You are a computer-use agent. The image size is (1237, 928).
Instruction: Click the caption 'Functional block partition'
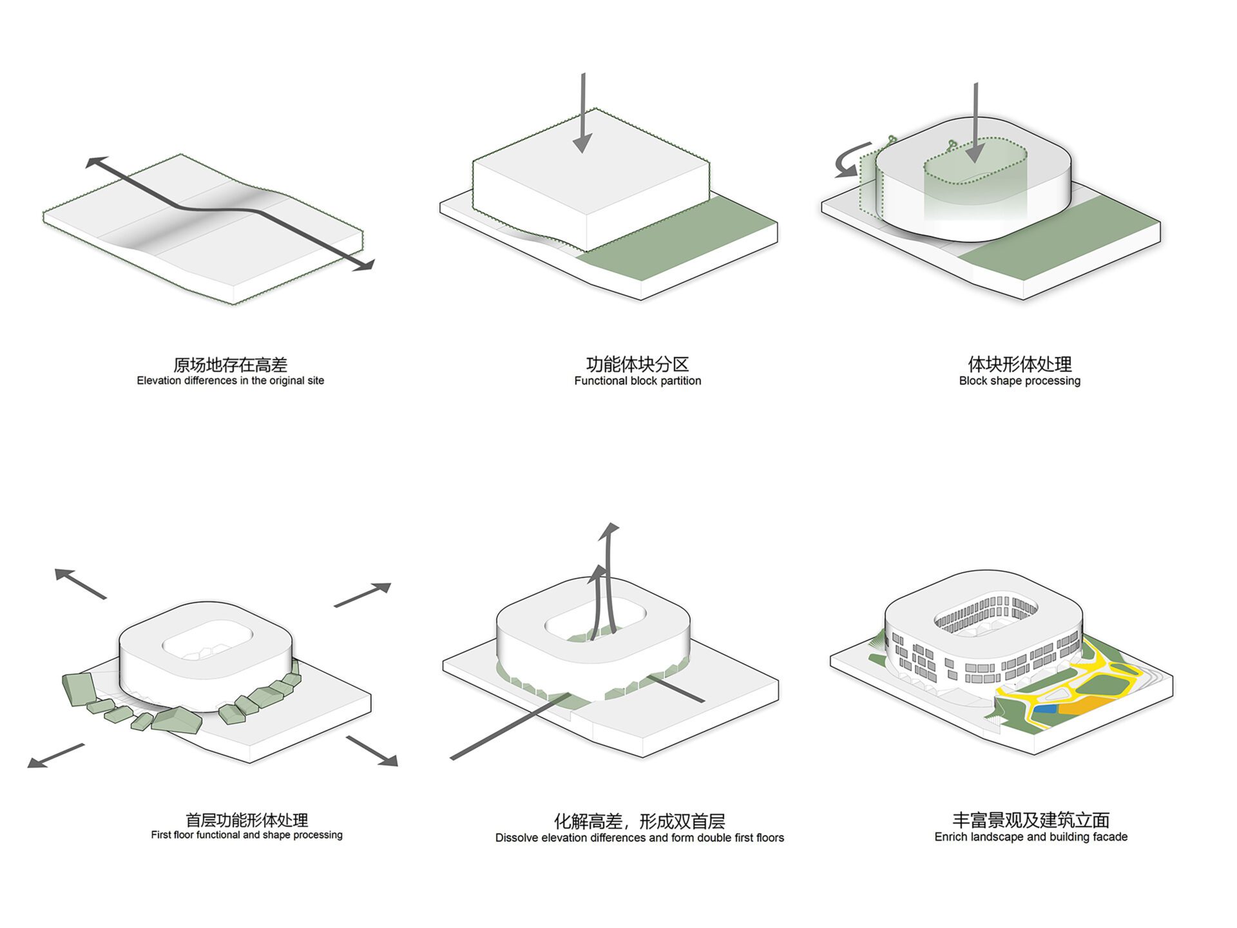[x=637, y=381]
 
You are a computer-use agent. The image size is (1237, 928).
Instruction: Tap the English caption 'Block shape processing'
[x=1019, y=381]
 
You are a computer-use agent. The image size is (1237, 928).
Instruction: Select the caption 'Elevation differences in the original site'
[x=230, y=381]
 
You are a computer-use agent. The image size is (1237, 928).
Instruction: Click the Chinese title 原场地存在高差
[x=230, y=365]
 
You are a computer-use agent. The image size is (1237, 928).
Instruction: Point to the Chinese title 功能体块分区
[x=637, y=364]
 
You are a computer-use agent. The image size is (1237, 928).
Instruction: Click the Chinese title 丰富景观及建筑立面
[x=1031, y=820]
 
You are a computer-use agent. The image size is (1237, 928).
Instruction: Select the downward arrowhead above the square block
[x=582, y=144]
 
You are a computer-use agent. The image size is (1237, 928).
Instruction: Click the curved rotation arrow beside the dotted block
[x=849, y=161]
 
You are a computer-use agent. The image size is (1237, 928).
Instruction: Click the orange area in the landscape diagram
[x=1082, y=706]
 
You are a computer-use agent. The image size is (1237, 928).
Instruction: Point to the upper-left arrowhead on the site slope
[x=95, y=162]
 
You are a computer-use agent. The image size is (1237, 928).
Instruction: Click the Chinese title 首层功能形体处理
[x=247, y=820]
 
